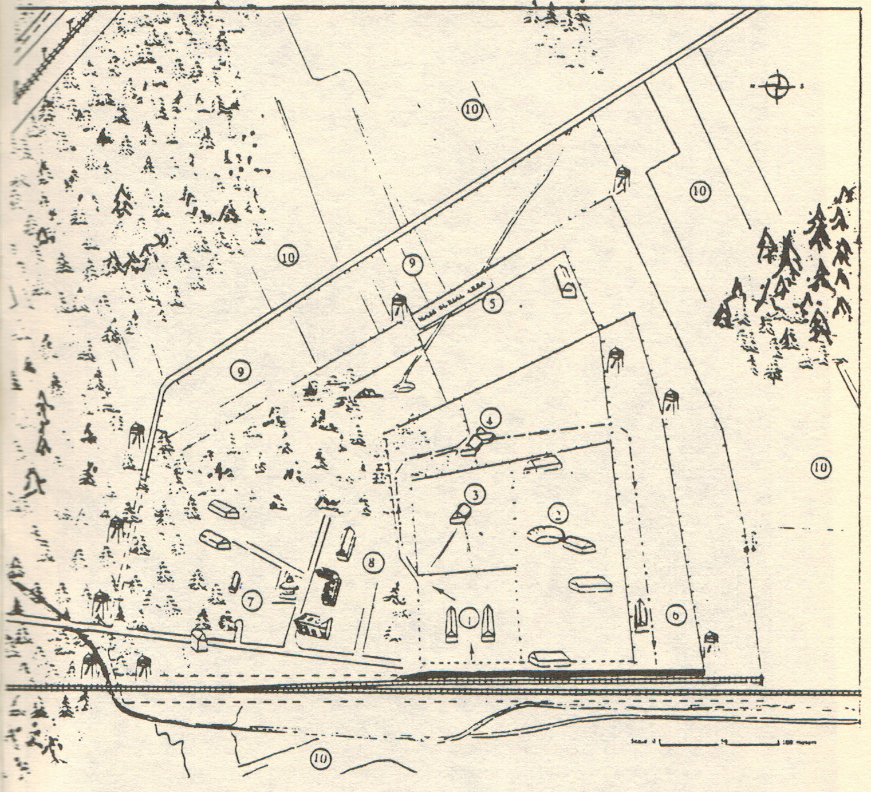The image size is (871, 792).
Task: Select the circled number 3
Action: click(x=475, y=493)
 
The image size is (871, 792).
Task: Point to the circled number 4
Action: click(x=490, y=419)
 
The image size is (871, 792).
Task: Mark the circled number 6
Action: click(x=676, y=615)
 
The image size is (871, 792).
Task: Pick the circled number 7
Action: click(x=252, y=600)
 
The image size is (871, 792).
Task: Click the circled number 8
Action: click(x=373, y=562)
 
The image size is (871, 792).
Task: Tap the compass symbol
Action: click(x=778, y=87)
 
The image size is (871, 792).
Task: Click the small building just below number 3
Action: click(x=459, y=513)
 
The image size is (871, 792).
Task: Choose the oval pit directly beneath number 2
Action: click(x=544, y=535)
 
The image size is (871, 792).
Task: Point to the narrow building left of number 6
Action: click(x=641, y=617)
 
